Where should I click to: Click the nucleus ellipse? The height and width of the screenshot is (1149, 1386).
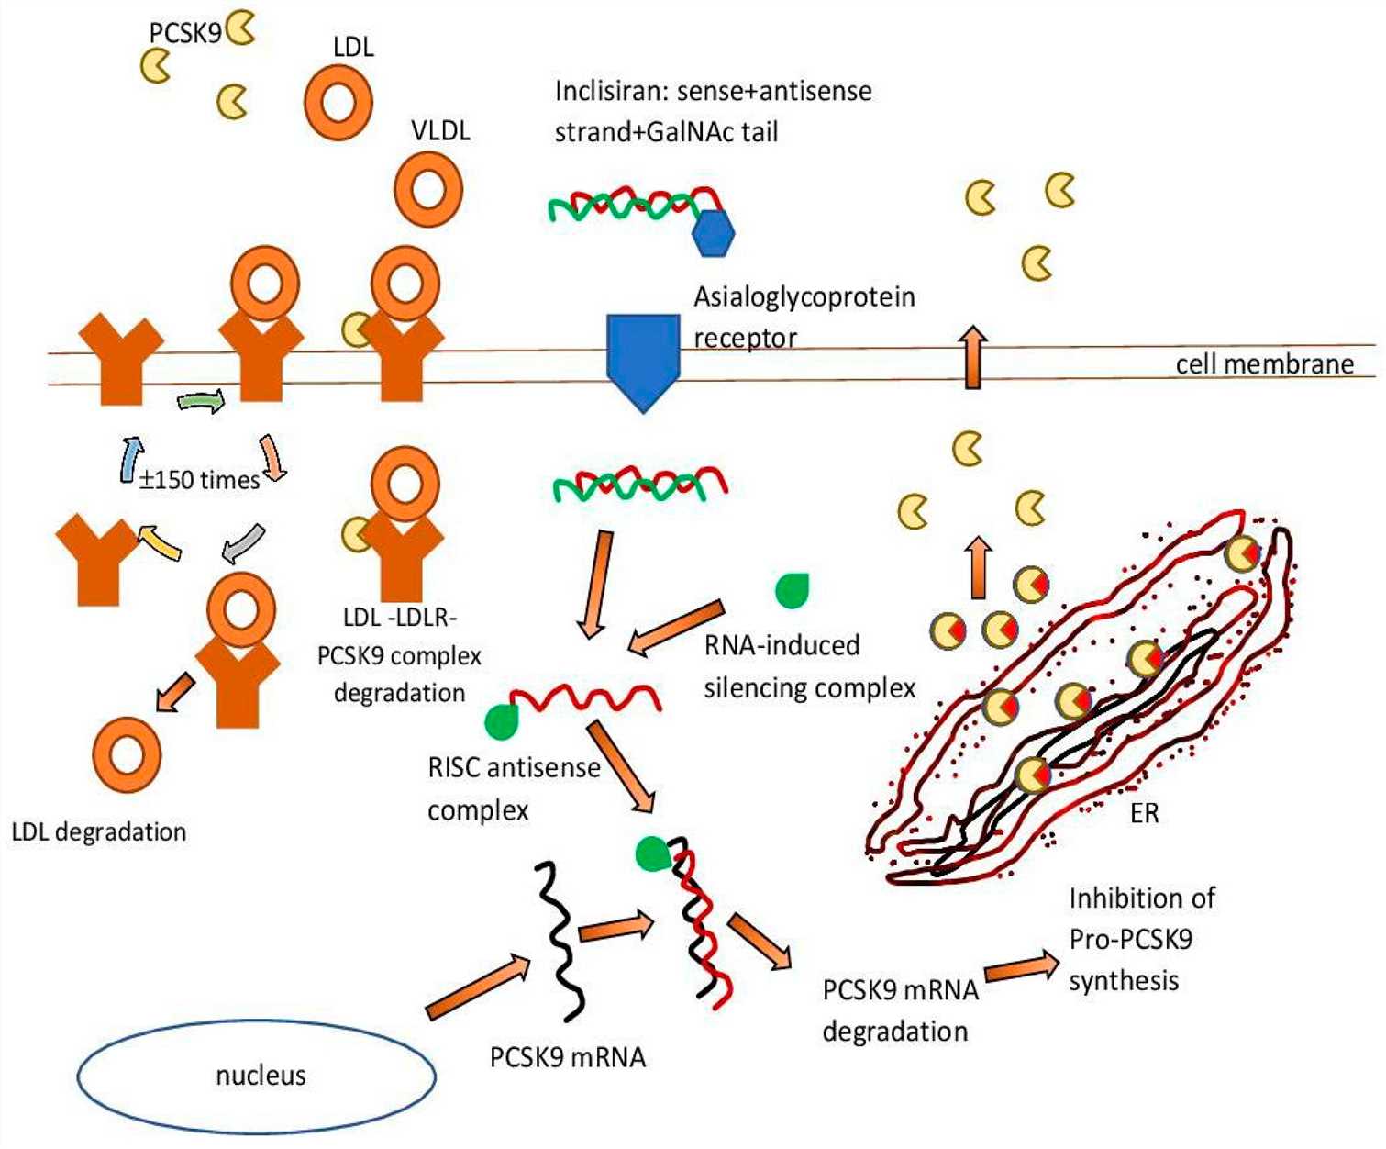[257, 1076]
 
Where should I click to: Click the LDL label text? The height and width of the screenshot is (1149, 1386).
[353, 47]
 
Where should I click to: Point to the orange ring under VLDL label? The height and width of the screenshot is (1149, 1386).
[427, 190]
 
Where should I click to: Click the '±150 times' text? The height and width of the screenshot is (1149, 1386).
[199, 479]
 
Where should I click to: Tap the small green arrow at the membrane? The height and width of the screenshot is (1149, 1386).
[201, 402]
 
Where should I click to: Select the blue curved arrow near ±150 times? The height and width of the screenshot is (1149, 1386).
[131, 459]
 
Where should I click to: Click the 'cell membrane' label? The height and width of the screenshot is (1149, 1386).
[1264, 364]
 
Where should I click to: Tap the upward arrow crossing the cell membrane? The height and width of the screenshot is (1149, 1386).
[973, 358]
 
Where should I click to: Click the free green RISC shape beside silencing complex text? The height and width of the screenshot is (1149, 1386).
[791, 590]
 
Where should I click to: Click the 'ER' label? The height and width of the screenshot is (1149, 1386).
[1144, 813]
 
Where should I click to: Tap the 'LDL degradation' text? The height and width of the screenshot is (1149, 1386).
[99, 831]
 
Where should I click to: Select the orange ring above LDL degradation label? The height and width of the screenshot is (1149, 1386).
[127, 755]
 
